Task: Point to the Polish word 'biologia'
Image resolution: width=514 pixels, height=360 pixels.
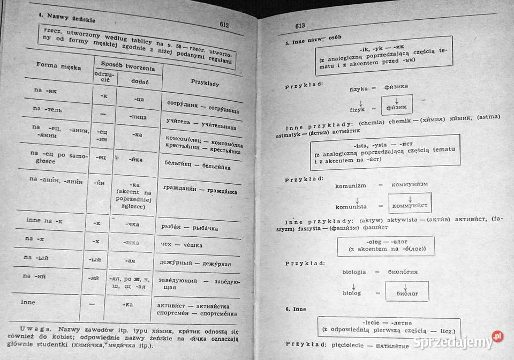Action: [x=358, y=272]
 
